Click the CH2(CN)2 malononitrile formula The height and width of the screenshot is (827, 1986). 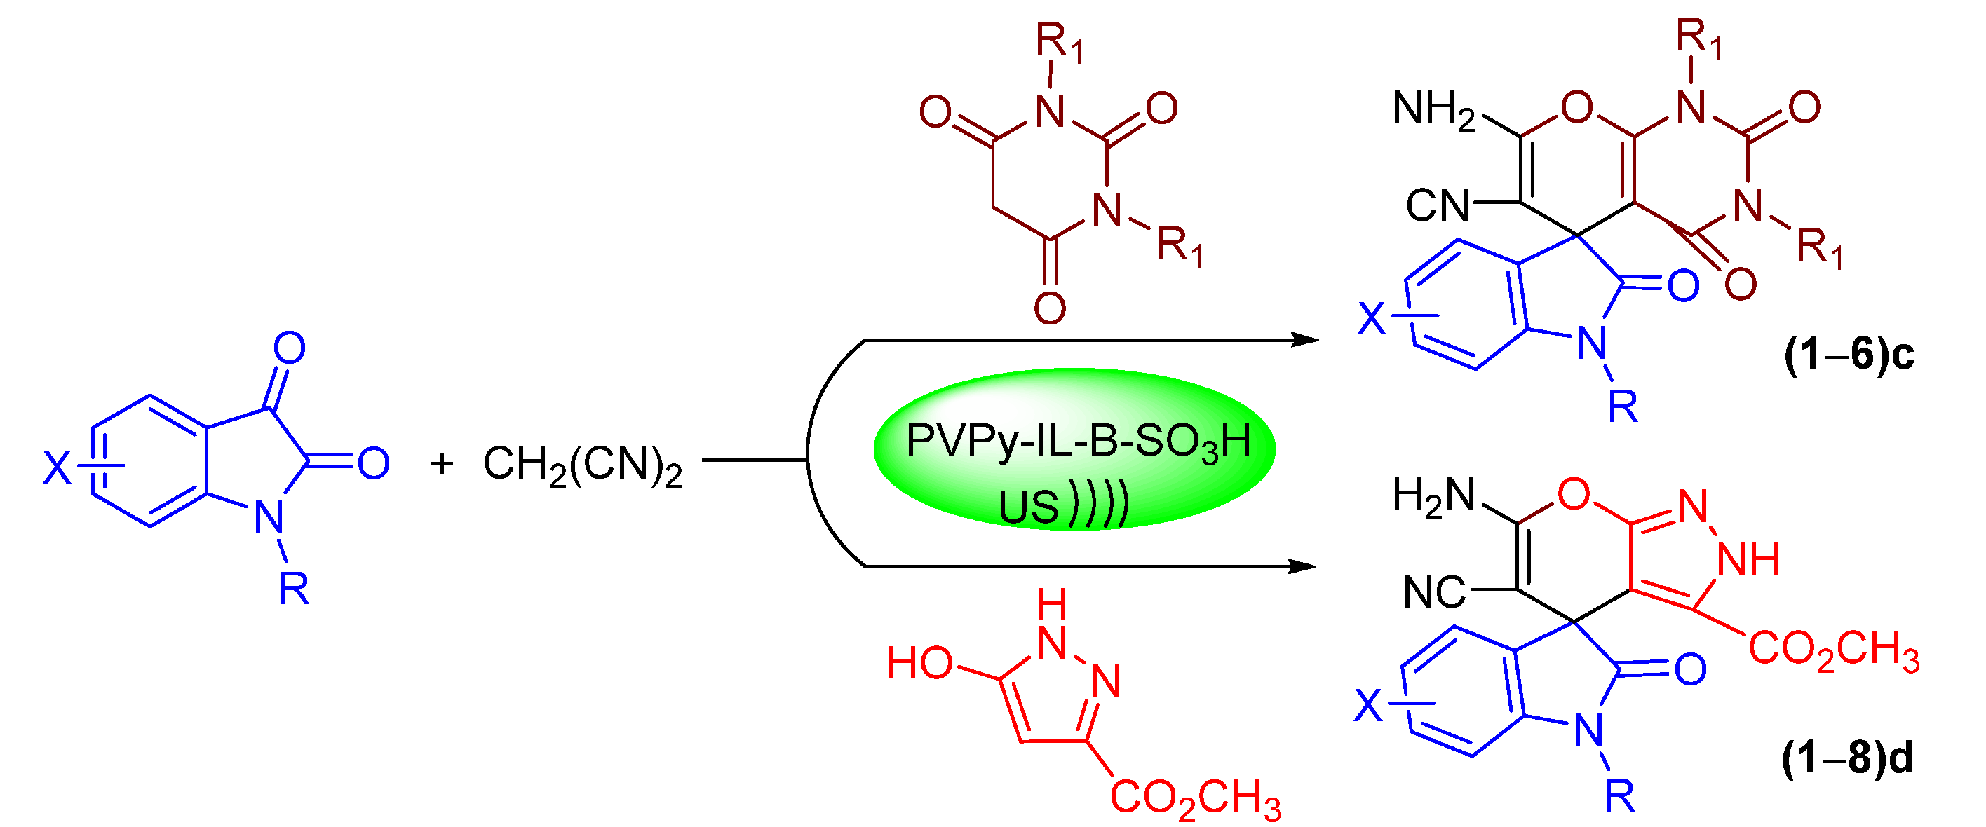click(x=582, y=465)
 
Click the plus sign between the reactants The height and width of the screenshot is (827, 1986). click(x=441, y=463)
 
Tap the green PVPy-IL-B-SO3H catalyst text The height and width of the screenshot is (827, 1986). click(x=1078, y=442)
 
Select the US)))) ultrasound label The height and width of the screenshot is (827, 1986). click(x=1063, y=505)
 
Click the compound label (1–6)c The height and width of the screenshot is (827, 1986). click(x=1848, y=355)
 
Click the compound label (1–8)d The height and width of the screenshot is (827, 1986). click(x=1846, y=758)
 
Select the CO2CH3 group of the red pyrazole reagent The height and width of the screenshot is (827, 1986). click(x=1195, y=797)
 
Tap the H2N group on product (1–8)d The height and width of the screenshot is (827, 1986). click(x=1433, y=495)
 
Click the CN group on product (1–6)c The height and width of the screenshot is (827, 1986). click(x=1438, y=206)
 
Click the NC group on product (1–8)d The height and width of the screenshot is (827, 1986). click(x=1434, y=593)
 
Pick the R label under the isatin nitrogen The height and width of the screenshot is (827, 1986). click(x=294, y=589)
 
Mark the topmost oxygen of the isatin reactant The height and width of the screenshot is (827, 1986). click(x=289, y=348)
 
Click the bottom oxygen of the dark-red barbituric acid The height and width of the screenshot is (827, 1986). click(x=1049, y=308)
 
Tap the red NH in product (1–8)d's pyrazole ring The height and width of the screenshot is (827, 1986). click(x=1748, y=559)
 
